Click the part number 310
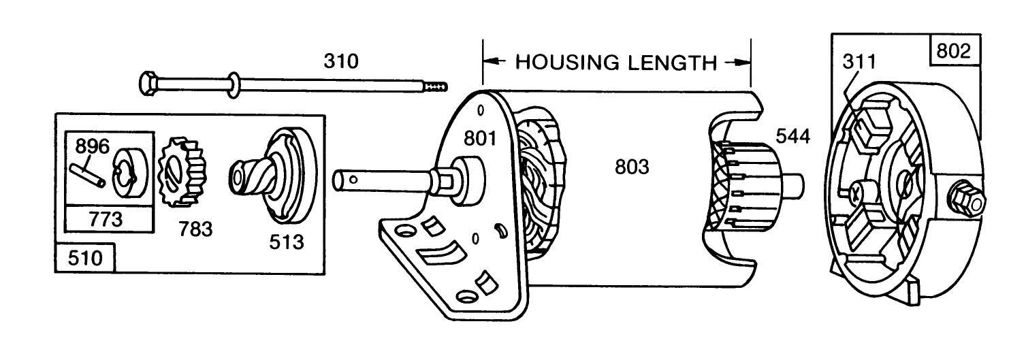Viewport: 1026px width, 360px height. (340, 62)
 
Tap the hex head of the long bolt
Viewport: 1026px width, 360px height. (146, 84)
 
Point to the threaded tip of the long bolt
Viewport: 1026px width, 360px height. (436, 86)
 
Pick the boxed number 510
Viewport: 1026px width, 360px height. (84, 259)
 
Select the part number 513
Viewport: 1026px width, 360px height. (286, 241)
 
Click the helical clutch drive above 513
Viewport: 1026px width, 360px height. (272, 174)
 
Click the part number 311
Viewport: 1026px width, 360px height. (859, 62)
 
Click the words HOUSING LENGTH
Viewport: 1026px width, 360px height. (616, 63)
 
